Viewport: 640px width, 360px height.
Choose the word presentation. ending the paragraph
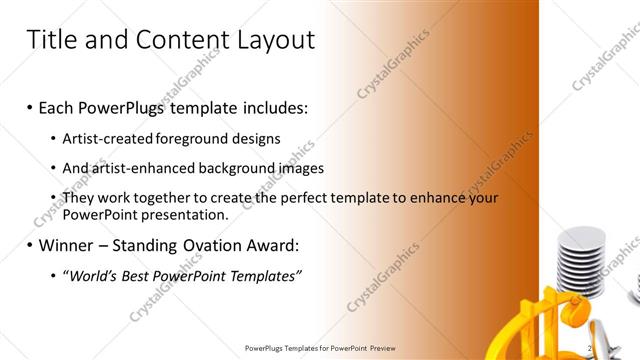[x=185, y=214]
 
